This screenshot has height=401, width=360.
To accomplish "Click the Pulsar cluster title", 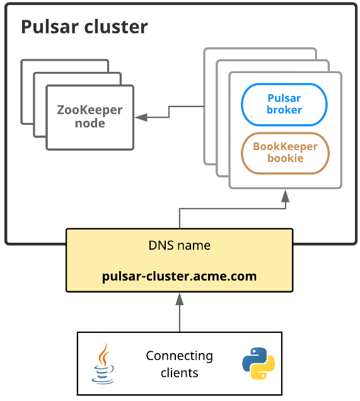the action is tap(84, 27).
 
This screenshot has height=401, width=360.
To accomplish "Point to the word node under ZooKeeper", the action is tap(90, 124).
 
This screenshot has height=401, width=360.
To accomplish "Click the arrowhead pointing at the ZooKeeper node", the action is tap(141, 117).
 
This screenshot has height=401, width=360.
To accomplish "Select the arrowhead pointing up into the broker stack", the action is tap(286, 196).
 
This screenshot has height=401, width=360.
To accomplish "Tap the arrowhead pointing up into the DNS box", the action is tap(180, 299).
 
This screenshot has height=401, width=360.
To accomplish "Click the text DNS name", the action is tap(180, 245).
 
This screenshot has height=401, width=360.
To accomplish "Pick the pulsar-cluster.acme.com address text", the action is tap(179, 276).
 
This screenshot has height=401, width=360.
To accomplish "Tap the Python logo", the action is tap(258, 363).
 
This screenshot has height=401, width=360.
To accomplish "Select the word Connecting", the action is tap(180, 356).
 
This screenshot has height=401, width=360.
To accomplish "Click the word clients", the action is tap(180, 373).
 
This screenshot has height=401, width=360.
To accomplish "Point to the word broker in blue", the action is tap(284, 110).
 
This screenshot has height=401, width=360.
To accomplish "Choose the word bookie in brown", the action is tap(286, 158).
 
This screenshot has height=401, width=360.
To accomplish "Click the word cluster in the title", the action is tap(116, 27).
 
